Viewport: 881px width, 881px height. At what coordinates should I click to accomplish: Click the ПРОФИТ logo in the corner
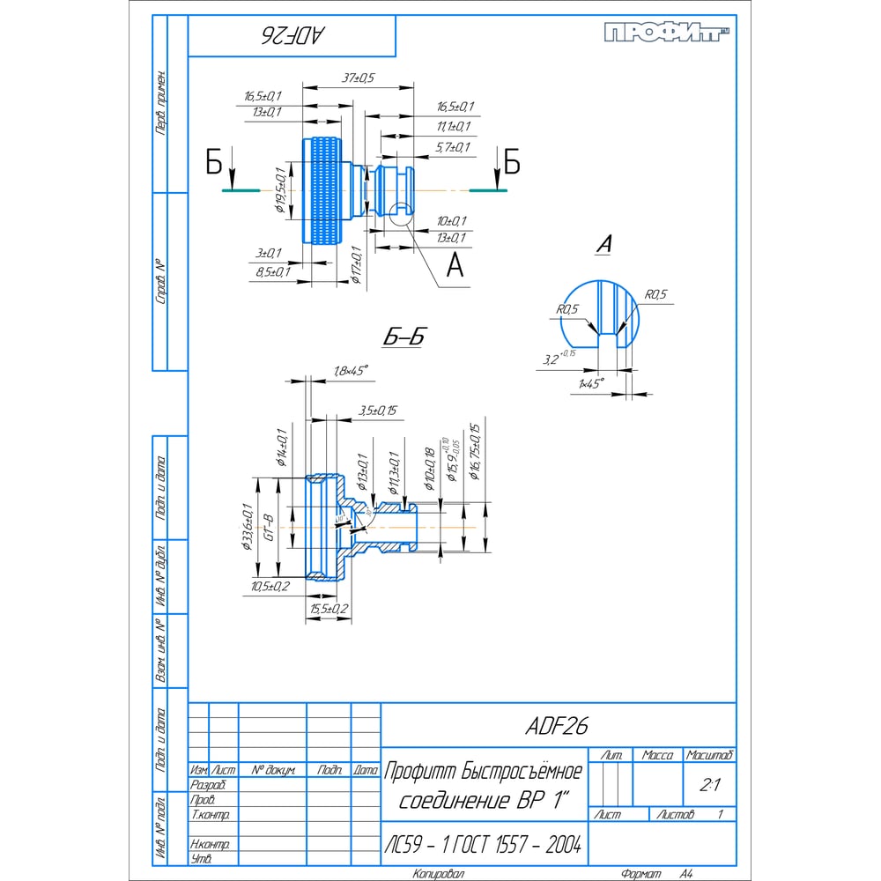click(x=668, y=33)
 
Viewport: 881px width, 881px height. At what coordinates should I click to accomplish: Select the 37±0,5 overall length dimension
click(x=358, y=78)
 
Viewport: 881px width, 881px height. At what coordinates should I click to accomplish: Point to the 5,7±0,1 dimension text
click(x=453, y=147)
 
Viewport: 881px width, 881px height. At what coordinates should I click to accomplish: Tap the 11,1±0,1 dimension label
click(x=453, y=127)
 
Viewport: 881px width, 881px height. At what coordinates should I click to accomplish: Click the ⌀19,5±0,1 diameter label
click(x=279, y=189)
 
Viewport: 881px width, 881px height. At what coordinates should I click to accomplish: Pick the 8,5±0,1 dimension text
click(x=272, y=272)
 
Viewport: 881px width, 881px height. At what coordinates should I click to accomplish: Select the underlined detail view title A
click(x=603, y=246)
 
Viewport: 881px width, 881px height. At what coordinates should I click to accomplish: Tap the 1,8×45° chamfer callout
click(x=350, y=371)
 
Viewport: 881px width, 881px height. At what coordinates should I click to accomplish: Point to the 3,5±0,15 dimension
click(x=378, y=410)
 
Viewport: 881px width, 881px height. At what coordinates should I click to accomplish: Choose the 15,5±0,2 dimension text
click(x=329, y=608)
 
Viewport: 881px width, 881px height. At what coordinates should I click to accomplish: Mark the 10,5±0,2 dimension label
click(x=269, y=586)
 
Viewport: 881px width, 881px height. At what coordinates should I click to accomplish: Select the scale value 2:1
click(x=709, y=785)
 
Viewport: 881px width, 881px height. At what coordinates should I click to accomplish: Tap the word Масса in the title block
click(x=657, y=755)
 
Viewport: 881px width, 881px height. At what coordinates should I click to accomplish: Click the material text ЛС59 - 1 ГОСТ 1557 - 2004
click(x=483, y=845)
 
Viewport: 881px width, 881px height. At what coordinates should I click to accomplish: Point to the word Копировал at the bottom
click(x=440, y=874)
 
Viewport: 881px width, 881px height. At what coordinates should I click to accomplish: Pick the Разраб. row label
click(x=208, y=785)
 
